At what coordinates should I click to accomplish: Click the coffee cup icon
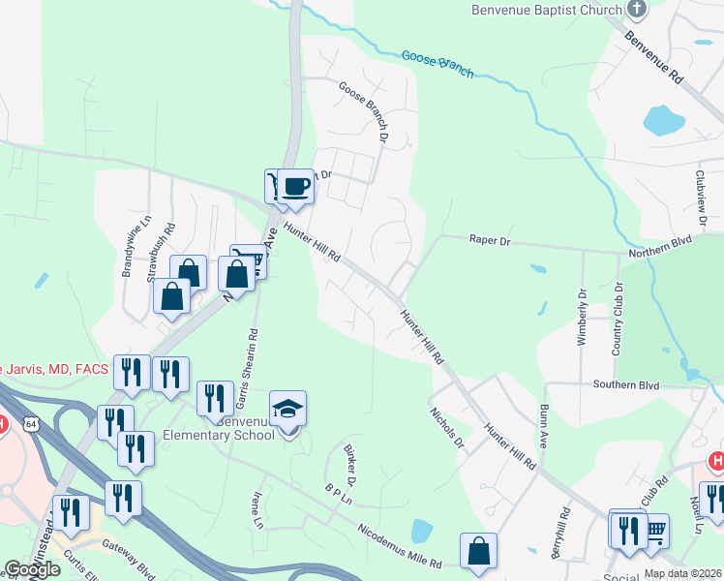296,185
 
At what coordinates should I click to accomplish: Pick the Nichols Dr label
447,427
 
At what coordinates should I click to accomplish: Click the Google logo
31,569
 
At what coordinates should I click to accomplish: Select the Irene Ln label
256,509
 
